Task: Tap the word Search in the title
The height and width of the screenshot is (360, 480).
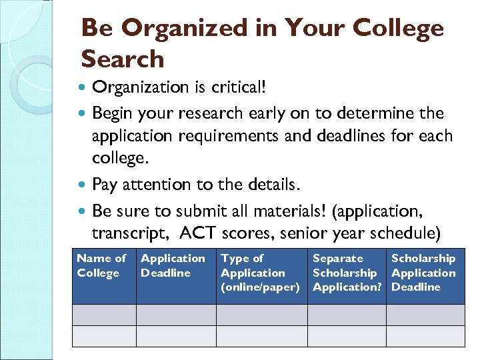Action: [122, 59]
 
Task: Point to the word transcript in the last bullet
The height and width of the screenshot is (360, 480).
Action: [125, 233]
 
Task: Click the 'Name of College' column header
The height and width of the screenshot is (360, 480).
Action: [101, 265]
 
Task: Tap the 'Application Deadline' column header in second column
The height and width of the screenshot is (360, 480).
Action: [173, 265]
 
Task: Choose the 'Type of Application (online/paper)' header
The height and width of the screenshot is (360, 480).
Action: [260, 273]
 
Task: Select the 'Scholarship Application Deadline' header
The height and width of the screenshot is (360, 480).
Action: [423, 273]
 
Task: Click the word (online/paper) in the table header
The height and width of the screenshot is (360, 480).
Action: [260, 287]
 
